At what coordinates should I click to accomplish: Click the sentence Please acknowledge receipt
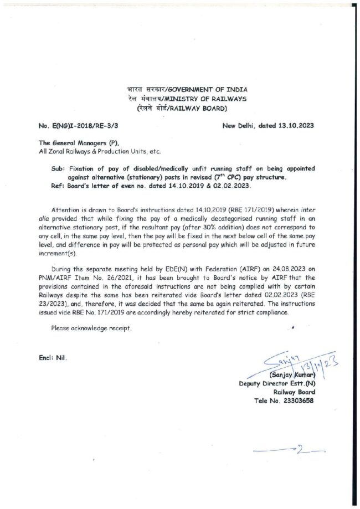click(91, 328)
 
